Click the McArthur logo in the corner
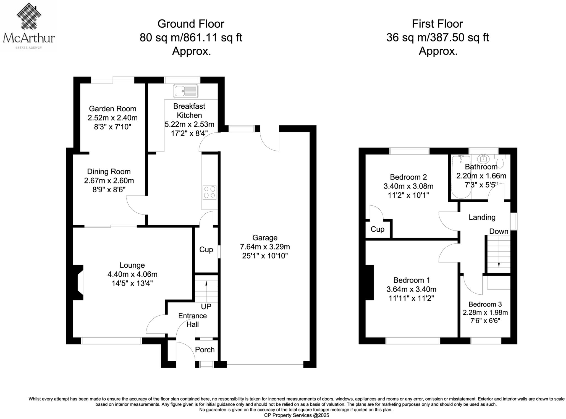(29, 26)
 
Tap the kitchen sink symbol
(186, 91)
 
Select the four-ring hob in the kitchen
(209, 192)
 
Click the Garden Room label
(112, 109)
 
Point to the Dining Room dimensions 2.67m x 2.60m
(109, 181)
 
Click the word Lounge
(132, 265)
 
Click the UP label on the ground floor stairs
(206, 307)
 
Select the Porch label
(205, 350)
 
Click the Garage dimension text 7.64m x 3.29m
(265, 247)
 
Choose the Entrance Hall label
(192, 320)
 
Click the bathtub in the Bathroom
(461, 177)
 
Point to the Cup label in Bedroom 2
(377, 229)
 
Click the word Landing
(482, 217)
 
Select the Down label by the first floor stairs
(499, 231)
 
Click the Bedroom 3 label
(485, 304)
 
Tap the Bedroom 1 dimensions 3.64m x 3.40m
(411, 289)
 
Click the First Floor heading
(437, 24)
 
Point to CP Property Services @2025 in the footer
(297, 415)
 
